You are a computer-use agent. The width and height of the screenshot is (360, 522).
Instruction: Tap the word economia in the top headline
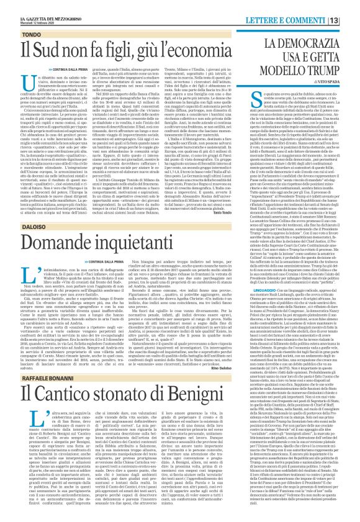click(x=185, y=40)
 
